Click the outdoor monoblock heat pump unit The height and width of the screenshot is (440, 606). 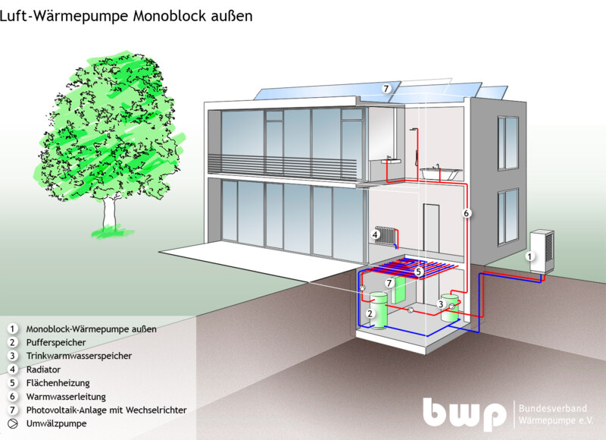tap(542, 252)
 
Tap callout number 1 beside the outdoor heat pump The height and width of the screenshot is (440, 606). tap(529, 256)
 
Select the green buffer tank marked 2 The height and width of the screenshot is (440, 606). tap(378, 311)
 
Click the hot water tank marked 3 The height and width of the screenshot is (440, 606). tap(449, 308)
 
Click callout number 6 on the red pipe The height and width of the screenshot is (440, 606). tap(467, 213)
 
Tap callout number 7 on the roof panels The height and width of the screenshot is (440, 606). tap(386, 89)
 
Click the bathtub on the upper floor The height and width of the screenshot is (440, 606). tap(441, 173)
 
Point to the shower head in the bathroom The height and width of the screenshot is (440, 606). tap(414, 129)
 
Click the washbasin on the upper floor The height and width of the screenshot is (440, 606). tap(390, 160)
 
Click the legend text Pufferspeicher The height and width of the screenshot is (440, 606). tap(56, 342)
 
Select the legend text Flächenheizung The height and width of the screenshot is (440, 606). tap(58, 383)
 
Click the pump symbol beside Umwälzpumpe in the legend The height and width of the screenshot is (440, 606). tap(13, 424)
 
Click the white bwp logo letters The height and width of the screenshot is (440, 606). tap(464, 413)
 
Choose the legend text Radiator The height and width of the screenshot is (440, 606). tap(43, 369)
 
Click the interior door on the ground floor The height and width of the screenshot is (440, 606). tap(431, 229)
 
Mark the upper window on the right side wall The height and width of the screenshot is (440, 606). tap(508, 143)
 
